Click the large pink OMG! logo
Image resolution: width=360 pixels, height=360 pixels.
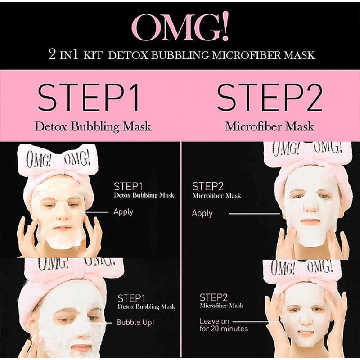pyautogui.click(x=180, y=27)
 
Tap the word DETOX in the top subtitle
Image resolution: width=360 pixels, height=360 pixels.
pyautogui.click(x=128, y=55)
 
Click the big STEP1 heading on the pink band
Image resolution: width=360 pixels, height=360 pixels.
pyautogui.click(x=88, y=98)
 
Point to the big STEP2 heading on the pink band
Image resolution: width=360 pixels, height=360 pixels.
pyautogui.click(x=270, y=98)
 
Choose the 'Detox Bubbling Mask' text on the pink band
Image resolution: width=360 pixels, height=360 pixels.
pyautogui.click(x=93, y=127)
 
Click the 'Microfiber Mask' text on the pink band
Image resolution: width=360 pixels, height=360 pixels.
pyautogui.click(x=270, y=126)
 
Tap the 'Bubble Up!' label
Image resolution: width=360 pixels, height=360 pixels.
pyautogui.click(x=135, y=322)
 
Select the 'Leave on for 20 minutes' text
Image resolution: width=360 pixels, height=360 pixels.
pyautogui.click(x=224, y=325)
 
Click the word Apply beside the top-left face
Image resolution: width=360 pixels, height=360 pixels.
pyautogui.click(x=123, y=212)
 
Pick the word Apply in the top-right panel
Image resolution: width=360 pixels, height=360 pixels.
pyautogui.click(x=202, y=213)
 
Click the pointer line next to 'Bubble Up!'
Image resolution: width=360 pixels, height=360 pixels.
pyautogui.click(x=99, y=323)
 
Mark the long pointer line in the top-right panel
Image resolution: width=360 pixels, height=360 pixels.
pyautogui.click(x=255, y=214)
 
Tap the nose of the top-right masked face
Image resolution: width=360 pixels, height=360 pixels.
pyautogui.click(x=310, y=206)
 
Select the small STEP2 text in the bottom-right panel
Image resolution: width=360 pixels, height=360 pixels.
pyautogui.click(x=213, y=297)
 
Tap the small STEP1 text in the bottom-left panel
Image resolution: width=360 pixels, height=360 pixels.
pyautogui.click(x=131, y=298)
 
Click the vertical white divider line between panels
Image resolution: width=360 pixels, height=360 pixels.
pyautogui.click(x=181, y=250)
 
